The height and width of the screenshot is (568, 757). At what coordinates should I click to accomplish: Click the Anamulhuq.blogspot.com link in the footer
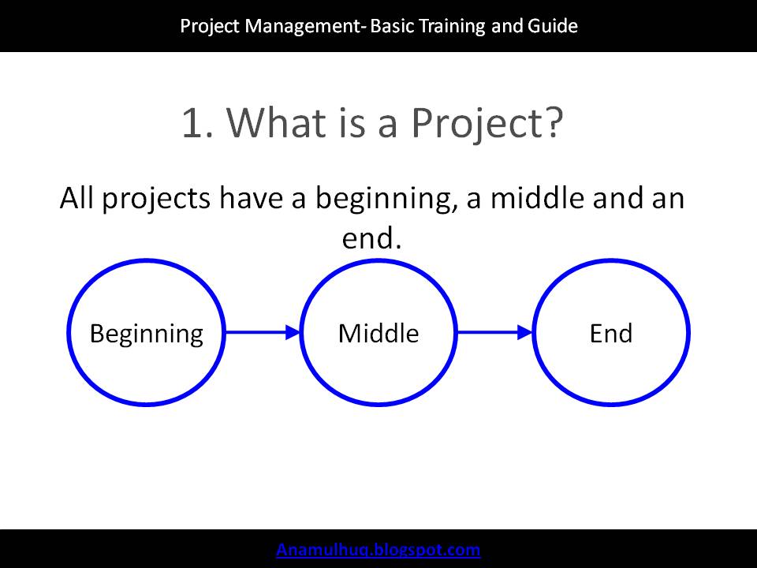378,549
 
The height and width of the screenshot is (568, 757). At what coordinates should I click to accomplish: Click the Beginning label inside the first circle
146,334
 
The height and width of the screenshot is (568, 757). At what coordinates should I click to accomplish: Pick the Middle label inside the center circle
378,334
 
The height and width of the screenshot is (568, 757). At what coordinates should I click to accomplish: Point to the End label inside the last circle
611,334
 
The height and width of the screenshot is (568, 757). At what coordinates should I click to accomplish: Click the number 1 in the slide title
193,123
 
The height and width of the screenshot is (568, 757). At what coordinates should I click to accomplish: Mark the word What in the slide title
273,123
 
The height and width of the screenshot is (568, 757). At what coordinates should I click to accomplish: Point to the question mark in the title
553,123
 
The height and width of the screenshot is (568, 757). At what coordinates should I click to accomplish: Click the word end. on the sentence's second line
371,239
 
